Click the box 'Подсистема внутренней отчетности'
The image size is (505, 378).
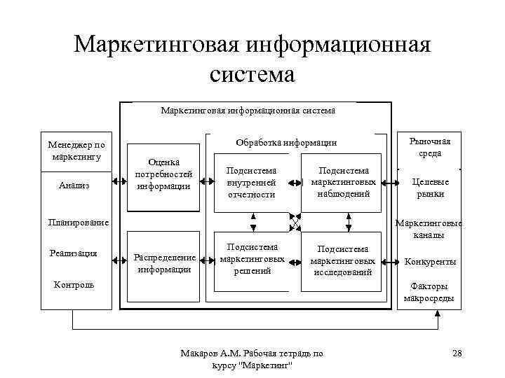point(252,182)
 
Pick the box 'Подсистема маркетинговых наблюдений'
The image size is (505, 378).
point(343,182)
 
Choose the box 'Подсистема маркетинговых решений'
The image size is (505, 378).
point(252,259)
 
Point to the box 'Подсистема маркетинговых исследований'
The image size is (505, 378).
point(343,260)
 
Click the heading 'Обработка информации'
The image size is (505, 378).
point(286,143)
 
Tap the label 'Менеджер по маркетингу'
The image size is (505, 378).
point(76,150)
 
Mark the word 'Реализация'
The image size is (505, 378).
point(74,253)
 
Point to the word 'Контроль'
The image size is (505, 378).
point(74,285)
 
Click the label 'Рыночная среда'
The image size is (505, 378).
point(429,147)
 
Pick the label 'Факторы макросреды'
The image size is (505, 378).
point(429,293)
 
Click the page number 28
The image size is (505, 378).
point(457,353)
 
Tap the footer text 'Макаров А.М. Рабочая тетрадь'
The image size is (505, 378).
point(252,353)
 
